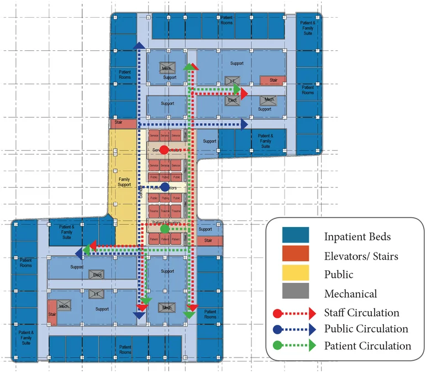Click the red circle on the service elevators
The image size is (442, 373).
(x=164, y=150)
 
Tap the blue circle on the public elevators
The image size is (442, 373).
(x=165, y=187)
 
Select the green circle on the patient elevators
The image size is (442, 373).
(x=165, y=228)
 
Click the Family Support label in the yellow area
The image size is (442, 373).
(x=124, y=182)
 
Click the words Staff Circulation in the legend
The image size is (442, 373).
(x=361, y=313)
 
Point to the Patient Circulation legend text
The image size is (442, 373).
(x=368, y=346)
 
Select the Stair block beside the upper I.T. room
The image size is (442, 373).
(x=273, y=80)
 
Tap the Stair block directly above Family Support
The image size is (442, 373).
(x=119, y=123)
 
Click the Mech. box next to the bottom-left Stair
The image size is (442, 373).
(x=64, y=306)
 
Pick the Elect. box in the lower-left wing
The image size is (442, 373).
(x=98, y=275)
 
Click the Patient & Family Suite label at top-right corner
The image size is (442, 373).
(x=308, y=28)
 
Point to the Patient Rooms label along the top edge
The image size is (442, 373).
(x=227, y=20)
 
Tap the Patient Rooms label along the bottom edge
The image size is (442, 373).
(x=124, y=349)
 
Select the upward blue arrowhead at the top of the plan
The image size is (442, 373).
(x=139, y=45)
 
